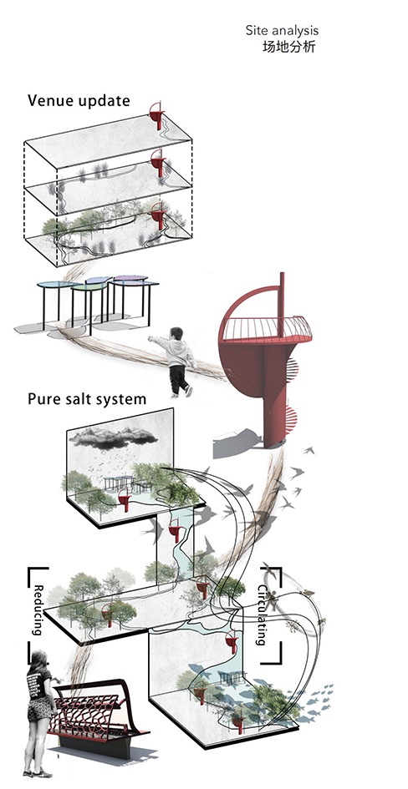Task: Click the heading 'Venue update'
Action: click(x=79, y=101)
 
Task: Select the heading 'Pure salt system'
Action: click(x=87, y=400)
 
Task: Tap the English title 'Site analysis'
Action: click(x=282, y=31)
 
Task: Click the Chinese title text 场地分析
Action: click(x=288, y=48)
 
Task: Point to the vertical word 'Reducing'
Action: click(x=38, y=609)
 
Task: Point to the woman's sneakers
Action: click(x=38, y=772)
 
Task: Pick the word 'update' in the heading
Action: click(x=105, y=101)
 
